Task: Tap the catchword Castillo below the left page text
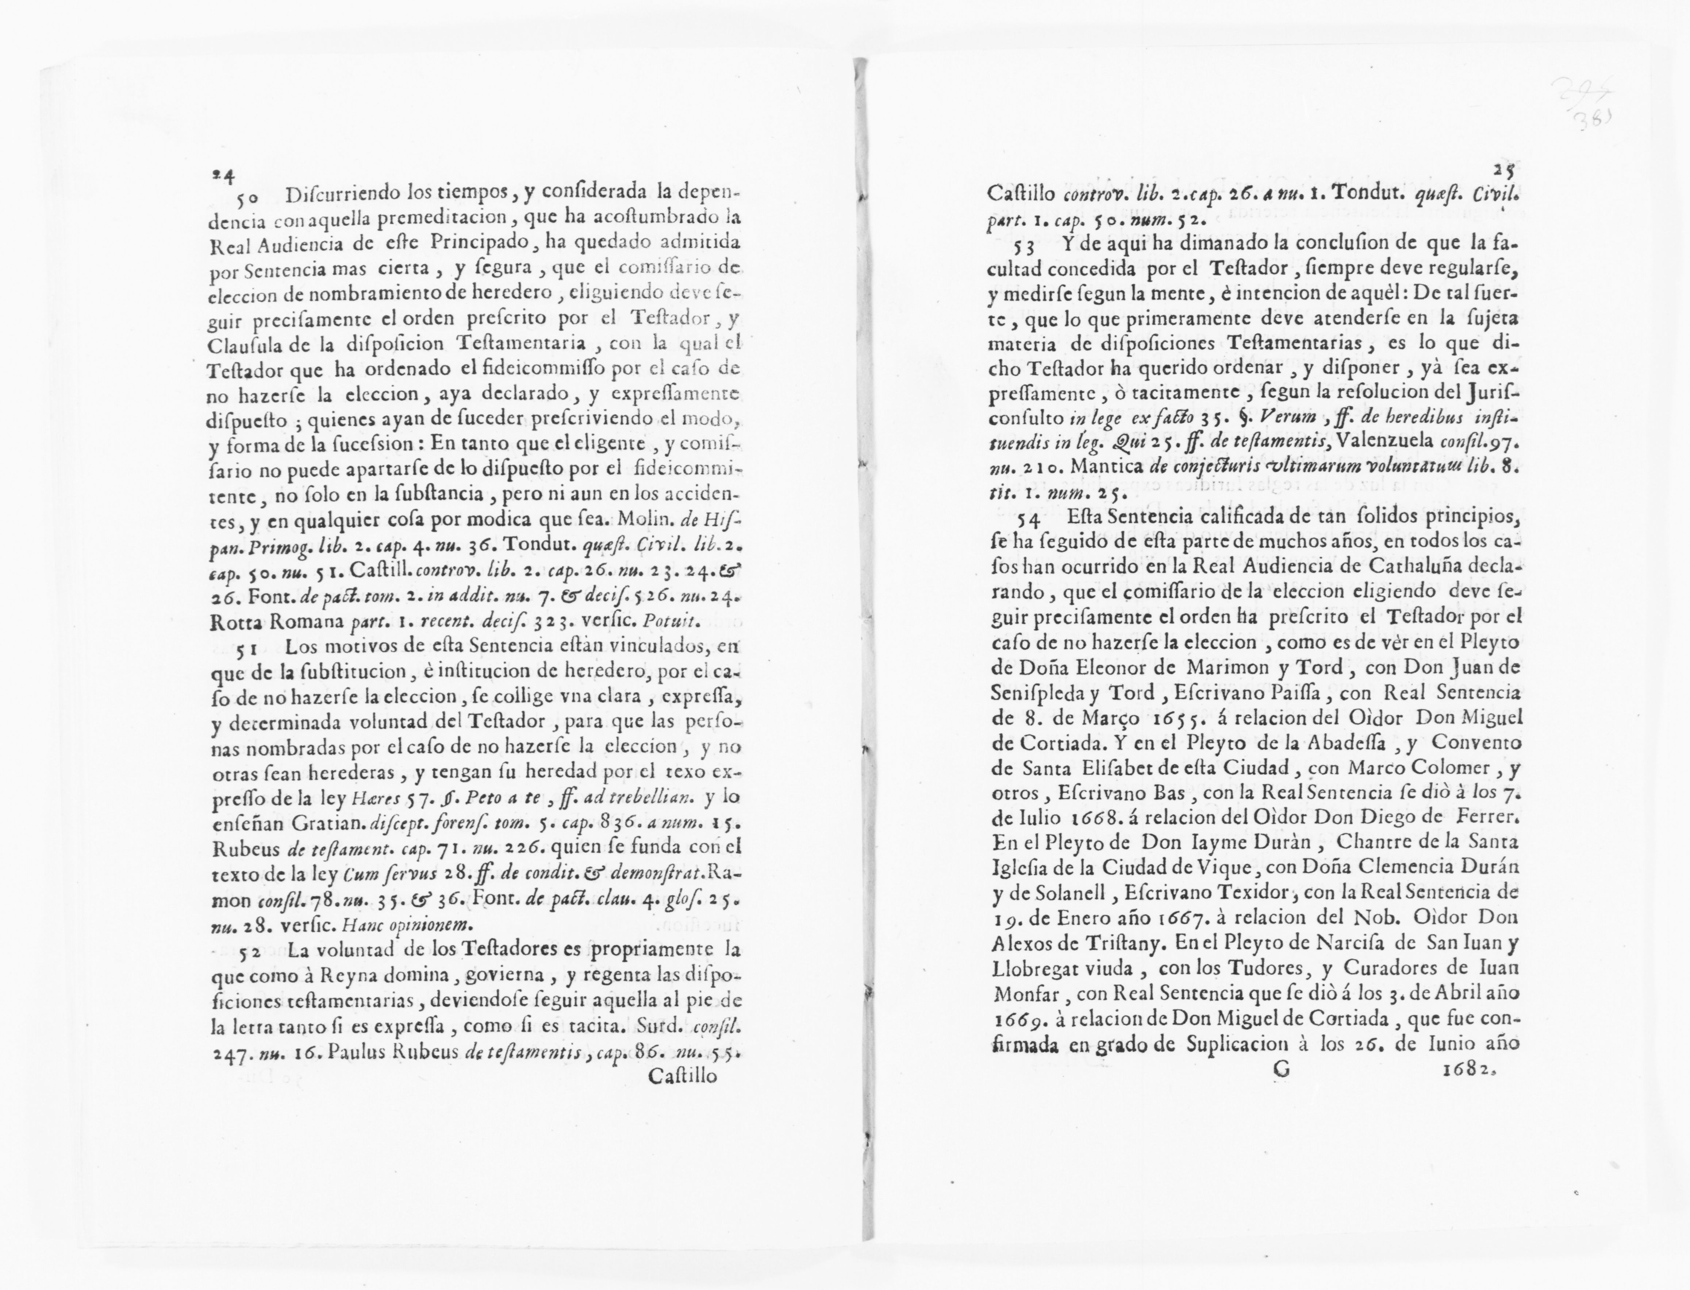pyautogui.click(x=682, y=1076)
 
